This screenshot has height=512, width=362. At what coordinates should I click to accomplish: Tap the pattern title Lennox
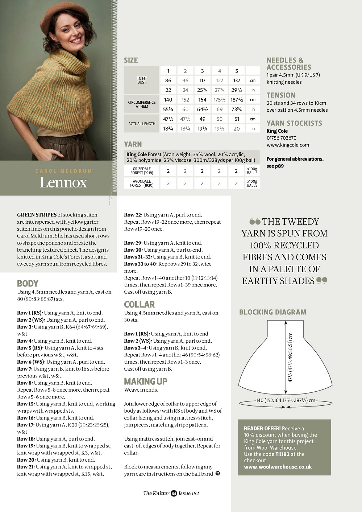point(63,182)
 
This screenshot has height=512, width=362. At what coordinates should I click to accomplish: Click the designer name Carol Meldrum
point(64,171)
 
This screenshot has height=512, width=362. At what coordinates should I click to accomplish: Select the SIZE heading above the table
point(131,60)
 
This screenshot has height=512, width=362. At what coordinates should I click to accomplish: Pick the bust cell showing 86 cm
point(168,80)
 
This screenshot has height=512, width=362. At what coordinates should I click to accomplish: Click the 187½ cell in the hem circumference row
point(236,100)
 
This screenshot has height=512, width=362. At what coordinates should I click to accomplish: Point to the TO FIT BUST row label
point(142,80)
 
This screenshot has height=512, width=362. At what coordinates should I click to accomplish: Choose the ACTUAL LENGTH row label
point(142,124)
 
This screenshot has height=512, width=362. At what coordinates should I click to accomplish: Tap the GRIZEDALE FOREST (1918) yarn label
point(142,171)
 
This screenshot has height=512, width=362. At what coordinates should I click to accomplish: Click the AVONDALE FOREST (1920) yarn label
point(142,183)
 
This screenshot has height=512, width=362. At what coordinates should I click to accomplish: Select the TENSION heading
point(281,95)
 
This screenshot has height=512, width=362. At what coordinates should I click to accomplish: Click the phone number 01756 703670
point(282,138)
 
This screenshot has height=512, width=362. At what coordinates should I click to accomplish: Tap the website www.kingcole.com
point(288,145)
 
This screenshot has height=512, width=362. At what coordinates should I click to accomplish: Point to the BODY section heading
point(28,284)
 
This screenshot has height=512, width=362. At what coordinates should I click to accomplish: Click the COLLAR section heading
point(139,305)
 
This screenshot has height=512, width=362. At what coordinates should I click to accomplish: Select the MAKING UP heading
point(146,381)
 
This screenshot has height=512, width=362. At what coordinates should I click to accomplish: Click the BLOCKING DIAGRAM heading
point(272,312)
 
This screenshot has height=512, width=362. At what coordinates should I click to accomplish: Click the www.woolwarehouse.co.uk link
point(278,467)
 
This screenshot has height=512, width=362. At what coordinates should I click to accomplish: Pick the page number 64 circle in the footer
point(174,494)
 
